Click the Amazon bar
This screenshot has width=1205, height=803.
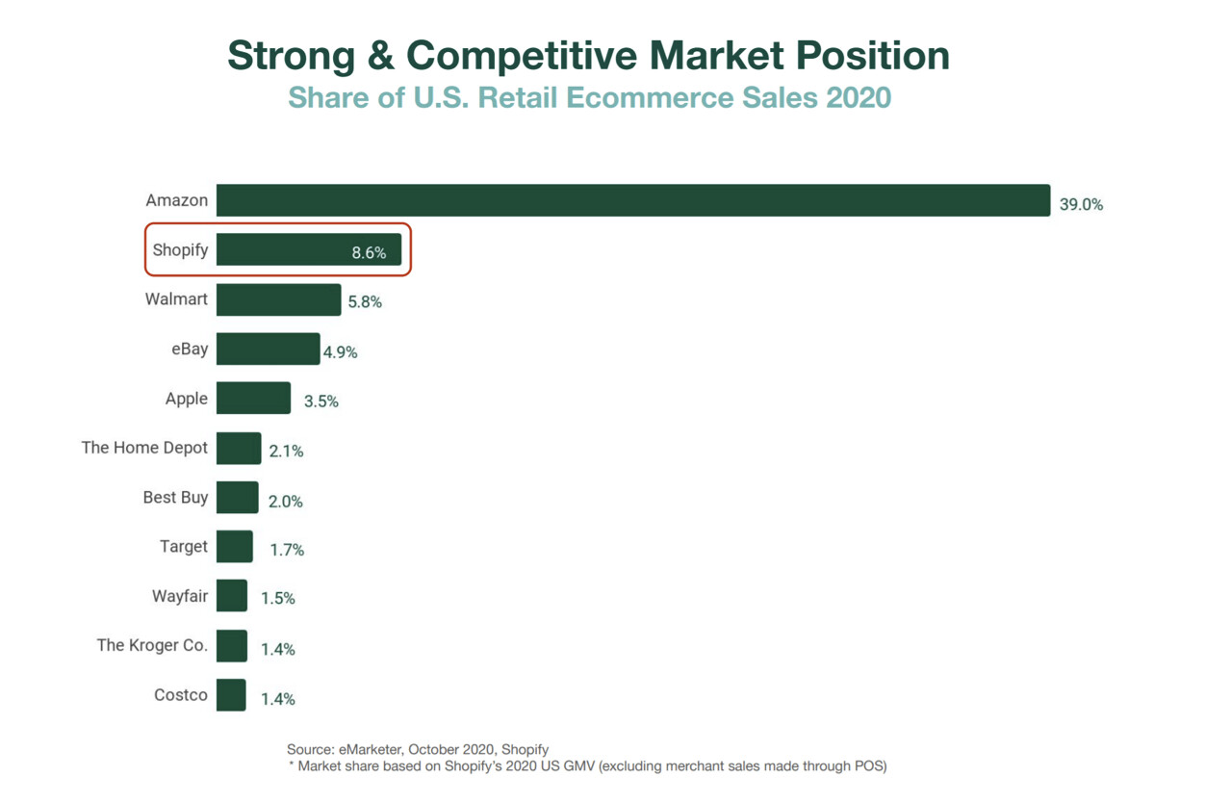click(x=632, y=200)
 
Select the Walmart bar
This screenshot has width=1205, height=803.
click(x=278, y=299)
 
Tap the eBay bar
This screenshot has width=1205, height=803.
click(x=268, y=349)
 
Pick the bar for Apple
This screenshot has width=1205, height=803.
click(x=253, y=398)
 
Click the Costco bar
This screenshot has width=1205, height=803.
click(x=231, y=695)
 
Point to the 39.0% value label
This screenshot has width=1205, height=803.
click(x=1081, y=205)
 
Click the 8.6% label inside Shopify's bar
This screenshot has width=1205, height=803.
click(x=369, y=253)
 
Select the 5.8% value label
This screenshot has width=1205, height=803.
click(x=364, y=302)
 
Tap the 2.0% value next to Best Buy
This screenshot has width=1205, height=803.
click(x=285, y=502)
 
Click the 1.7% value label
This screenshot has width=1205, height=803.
click(x=287, y=551)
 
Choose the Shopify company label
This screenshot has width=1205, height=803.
click(x=180, y=250)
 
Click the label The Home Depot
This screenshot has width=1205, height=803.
click(x=144, y=448)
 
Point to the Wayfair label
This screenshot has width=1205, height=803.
click(x=180, y=596)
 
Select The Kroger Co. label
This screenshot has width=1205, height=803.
click(x=152, y=645)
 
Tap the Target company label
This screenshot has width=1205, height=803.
click(x=184, y=547)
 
